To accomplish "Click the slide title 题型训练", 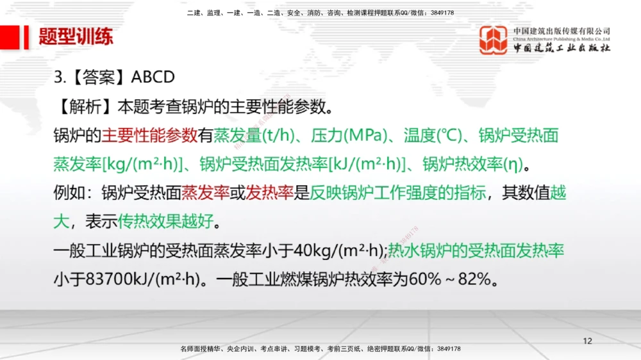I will pyautogui.click(x=76, y=37).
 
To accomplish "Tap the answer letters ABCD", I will pyautogui.click(x=153, y=78).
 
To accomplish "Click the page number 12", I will pyautogui.click(x=587, y=340).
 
